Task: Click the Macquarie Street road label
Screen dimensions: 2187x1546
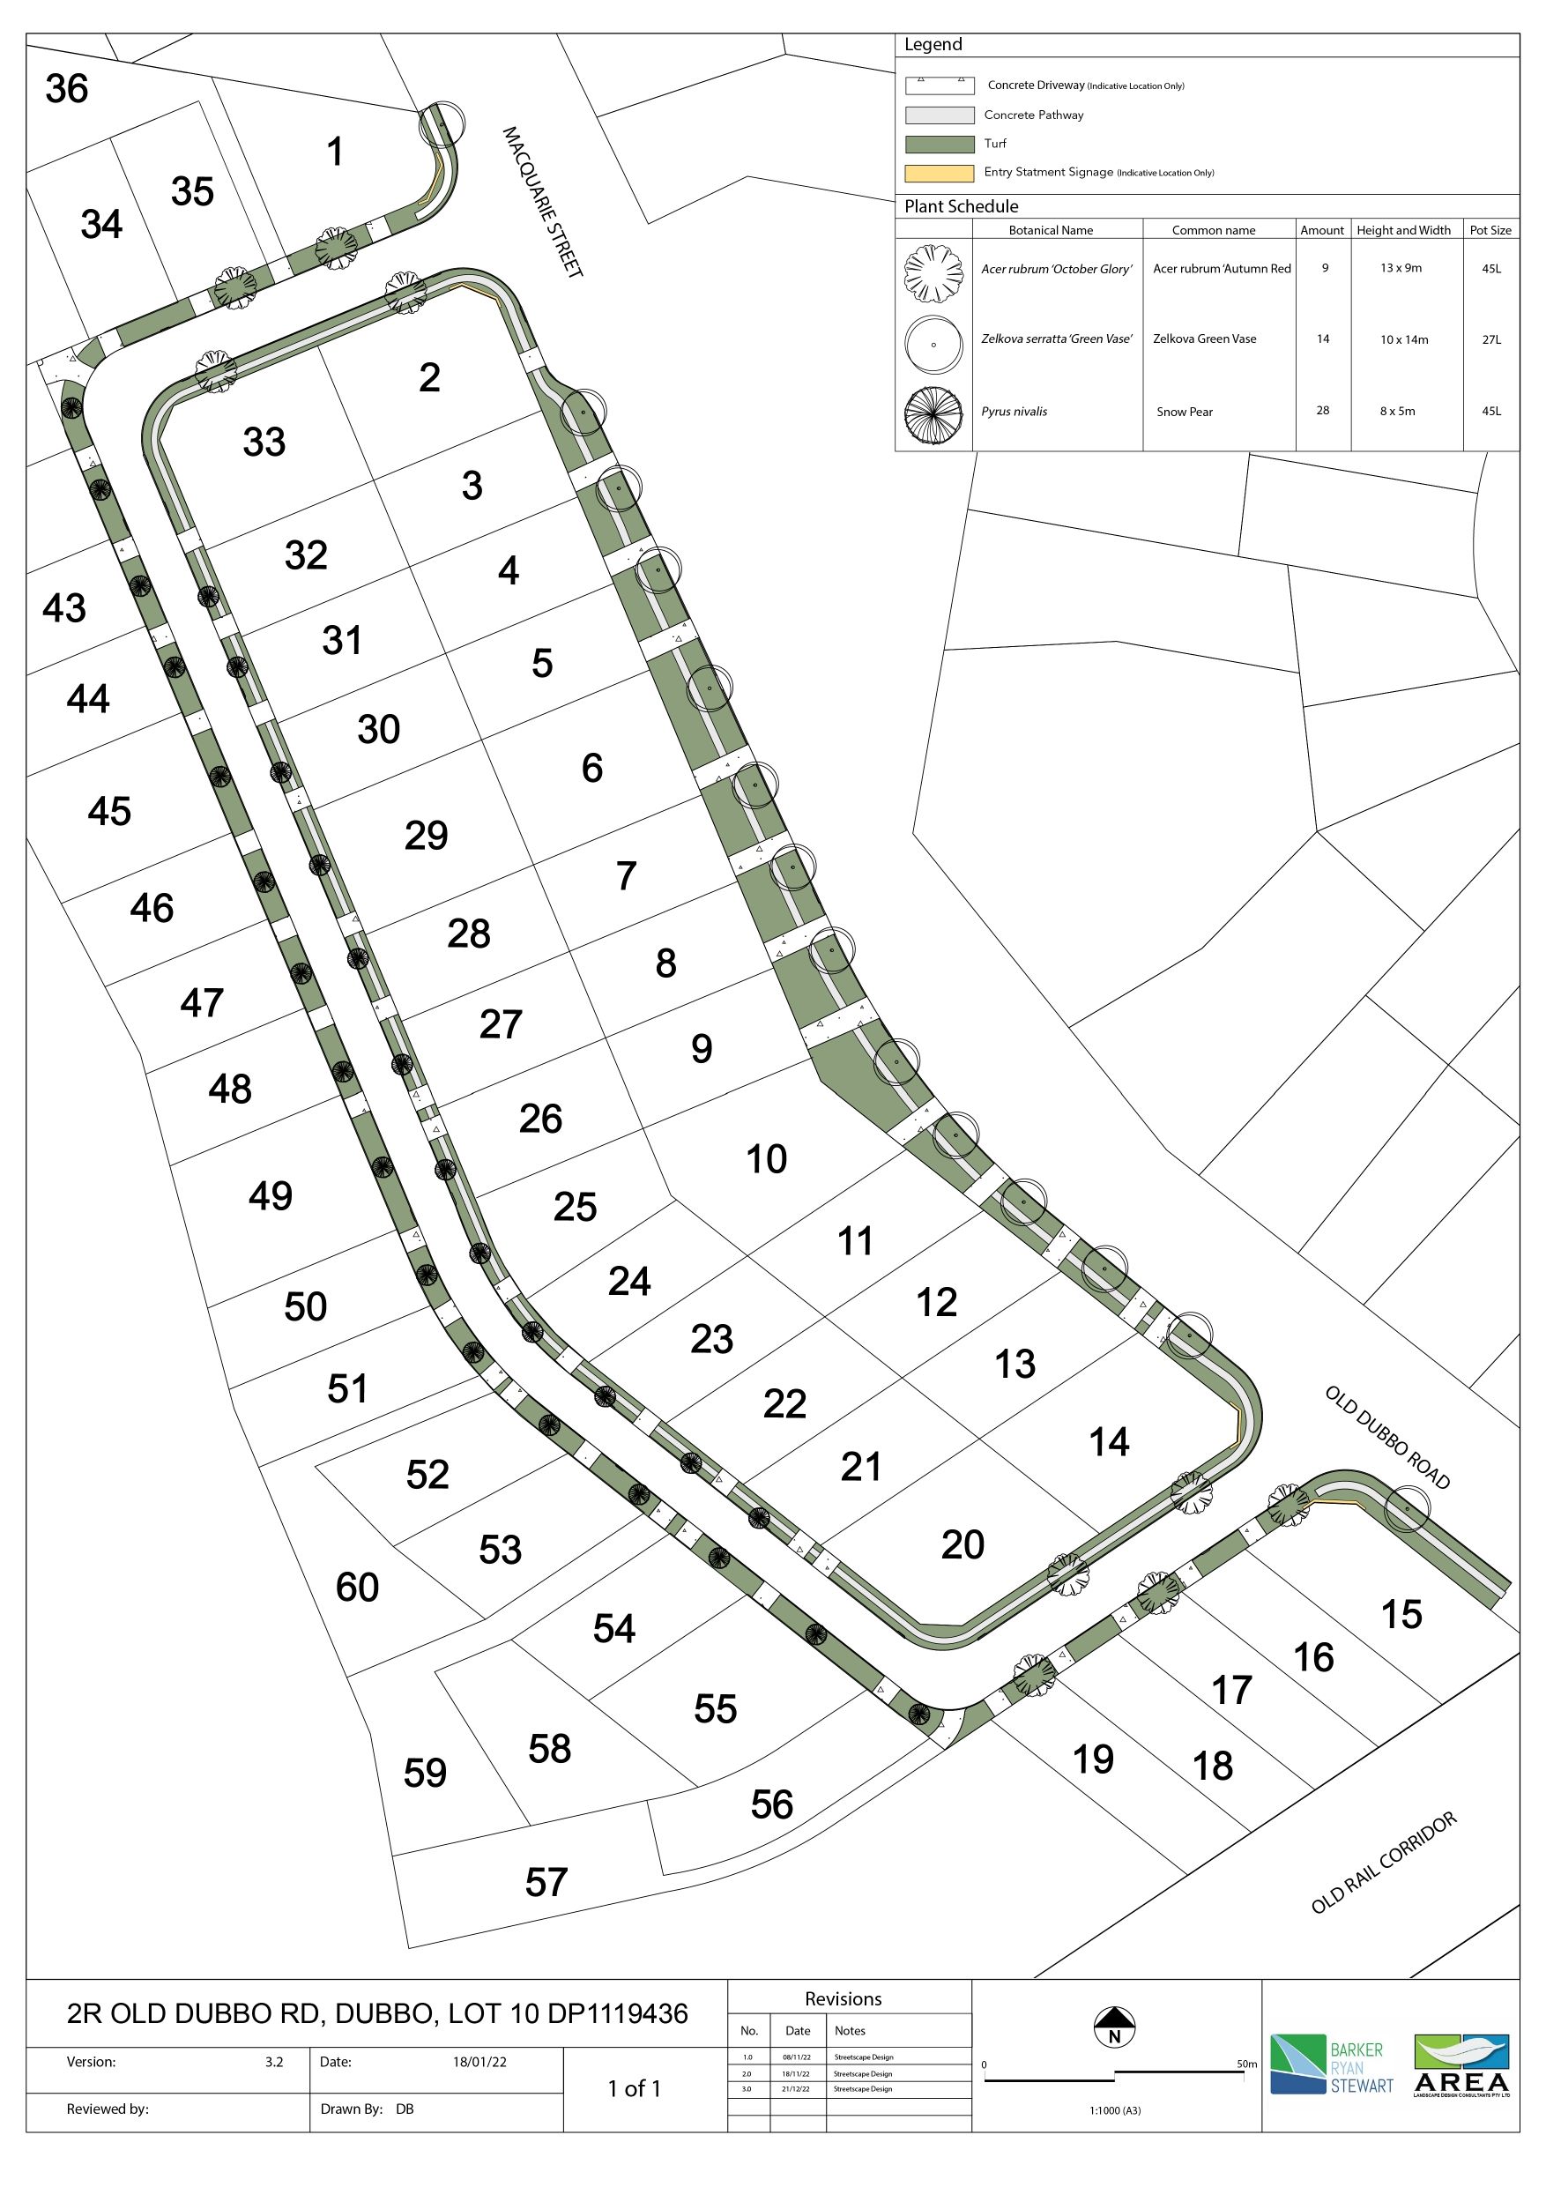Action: (542, 201)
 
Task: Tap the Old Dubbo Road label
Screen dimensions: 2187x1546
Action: (1387, 1437)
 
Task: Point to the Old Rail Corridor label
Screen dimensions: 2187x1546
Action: (1383, 1863)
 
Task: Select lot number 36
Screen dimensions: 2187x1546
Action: (67, 88)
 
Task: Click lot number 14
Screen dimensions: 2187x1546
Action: (1109, 1441)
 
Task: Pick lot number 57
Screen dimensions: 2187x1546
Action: (546, 1882)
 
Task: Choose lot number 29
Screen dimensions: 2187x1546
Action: (426, 836)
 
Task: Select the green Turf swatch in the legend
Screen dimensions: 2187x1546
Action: (940, 144)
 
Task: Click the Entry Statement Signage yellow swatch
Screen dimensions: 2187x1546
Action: (940, 173)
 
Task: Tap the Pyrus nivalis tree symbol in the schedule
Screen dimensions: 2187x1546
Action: (933, 412)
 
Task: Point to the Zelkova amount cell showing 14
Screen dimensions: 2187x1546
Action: (1322, 338)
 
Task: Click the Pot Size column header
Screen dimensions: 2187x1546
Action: (1490, 229)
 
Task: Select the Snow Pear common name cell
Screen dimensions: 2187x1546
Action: (1184, 412)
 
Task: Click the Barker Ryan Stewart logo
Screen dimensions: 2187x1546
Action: (1331, 2065)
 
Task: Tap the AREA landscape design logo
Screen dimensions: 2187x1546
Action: (1461, 2065)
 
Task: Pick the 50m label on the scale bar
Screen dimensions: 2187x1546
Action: (1246, 2064)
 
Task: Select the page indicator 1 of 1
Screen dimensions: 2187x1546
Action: (635, 2089)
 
